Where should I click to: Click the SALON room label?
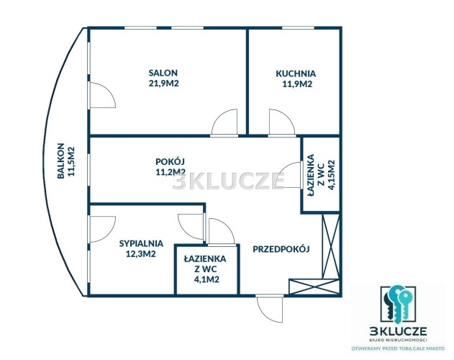click(163, 73)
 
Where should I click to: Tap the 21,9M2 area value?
click(163, 84)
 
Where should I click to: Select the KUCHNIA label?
click(296, 73)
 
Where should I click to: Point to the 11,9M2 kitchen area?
click(297, 84)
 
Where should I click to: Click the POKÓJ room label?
click(171, 161)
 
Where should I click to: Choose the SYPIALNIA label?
click(141, 243)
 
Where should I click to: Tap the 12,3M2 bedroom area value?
click(141, 254)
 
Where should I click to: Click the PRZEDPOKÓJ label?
click(281, 249)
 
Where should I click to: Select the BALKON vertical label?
click(60, 161)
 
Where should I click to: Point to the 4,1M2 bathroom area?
click(206, 279)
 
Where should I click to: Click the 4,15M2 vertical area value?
click(331, 175)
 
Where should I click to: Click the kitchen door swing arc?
click(282, 122)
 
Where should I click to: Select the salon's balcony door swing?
click(103, 95)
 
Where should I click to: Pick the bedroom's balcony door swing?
click(103, 229)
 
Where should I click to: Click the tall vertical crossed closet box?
click(331, 246)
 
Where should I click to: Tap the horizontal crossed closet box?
click(314, 287)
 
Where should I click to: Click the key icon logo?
click(398, 305)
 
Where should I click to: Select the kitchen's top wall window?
click(298, 28)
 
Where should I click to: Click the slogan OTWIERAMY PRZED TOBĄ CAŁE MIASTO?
click(398, 348)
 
